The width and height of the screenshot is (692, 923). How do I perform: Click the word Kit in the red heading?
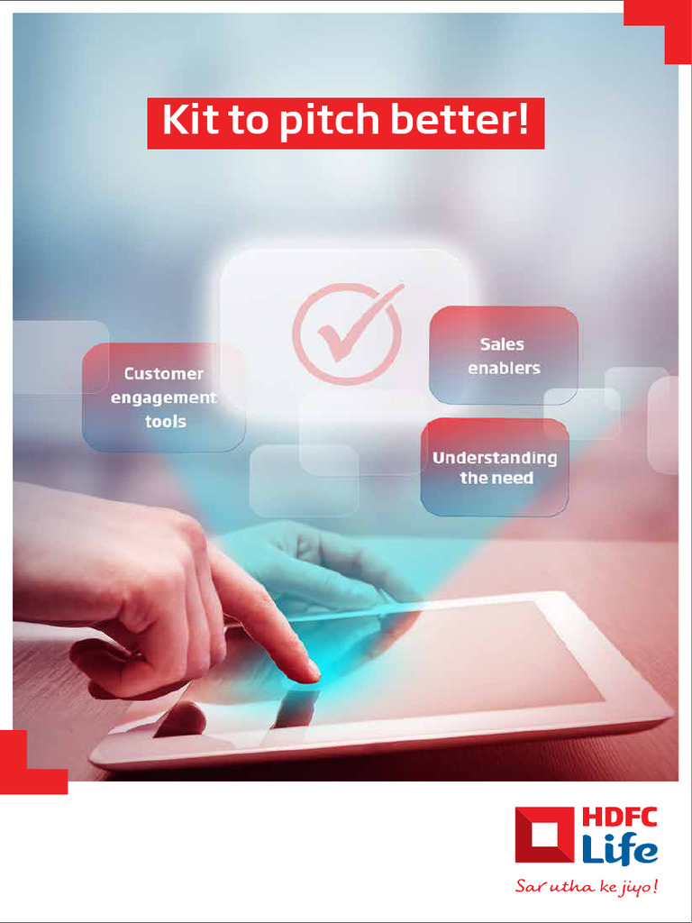click(189, 122)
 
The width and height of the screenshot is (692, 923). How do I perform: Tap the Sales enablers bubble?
click(504, 355)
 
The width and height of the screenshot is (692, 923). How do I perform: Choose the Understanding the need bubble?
click(495, 467)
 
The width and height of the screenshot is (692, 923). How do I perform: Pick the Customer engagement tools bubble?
click(164, 398)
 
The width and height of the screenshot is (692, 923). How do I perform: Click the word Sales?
click(502, 344)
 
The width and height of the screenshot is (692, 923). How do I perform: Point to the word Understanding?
click(495, 458)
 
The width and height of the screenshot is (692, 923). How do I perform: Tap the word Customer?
click(164, 373)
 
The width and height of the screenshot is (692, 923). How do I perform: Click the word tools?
click(166, 421)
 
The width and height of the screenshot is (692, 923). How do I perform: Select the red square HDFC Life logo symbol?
click(544, 835)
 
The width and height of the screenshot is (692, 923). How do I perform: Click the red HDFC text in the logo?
click(619, 818)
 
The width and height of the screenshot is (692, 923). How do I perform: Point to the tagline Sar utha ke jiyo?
click(586, 887)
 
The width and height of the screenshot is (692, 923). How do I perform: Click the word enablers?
click(504, 368)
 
